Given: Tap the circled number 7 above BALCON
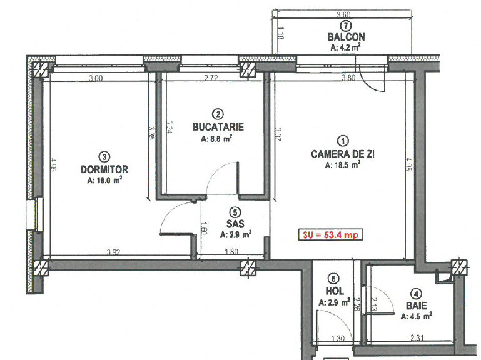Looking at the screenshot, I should tap(346, 26).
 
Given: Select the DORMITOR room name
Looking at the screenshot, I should tap(104, 169).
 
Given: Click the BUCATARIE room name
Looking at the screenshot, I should tap(218, 127).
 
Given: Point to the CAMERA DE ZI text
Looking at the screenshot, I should tap(342, 154).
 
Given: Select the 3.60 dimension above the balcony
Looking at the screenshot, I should tap(343, 15).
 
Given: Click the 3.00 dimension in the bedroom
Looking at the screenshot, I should tap(95, 78).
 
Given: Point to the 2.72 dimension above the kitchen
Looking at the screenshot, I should tap(213, 78).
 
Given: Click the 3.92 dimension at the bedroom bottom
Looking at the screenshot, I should tap(113, 252).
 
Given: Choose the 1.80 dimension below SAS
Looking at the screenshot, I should tap(231, 252).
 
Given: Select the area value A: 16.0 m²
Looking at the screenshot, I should tap(104, 179).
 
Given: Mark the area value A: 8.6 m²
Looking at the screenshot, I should tap(218, 139).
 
